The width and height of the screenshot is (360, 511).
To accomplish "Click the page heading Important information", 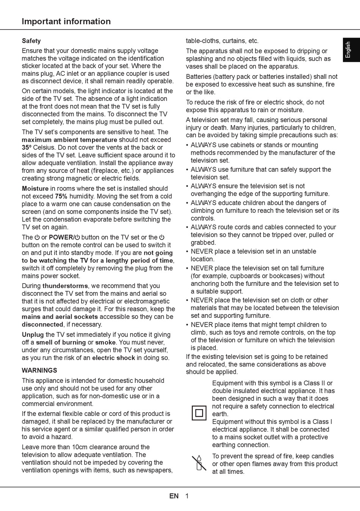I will click(x=66, y=22).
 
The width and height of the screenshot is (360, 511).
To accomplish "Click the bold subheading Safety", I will click(x=31, y=41).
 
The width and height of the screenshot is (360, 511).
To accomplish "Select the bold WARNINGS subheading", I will click(x=39, y=370).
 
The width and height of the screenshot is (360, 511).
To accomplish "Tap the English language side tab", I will click(x=348, y=50).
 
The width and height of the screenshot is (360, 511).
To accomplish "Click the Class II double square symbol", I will click(x=199, y=412).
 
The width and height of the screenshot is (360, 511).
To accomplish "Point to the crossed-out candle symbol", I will click(x=199, y=463).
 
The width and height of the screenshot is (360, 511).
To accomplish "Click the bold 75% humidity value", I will click(x=61, y=196).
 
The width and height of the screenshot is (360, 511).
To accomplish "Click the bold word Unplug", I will click(x=33, y=335).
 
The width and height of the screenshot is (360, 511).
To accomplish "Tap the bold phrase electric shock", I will click(x=113, y=358).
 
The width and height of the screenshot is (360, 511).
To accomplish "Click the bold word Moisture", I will click(x=35, y=188).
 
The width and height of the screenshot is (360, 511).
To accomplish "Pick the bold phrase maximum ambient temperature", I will click(x=69, y=140).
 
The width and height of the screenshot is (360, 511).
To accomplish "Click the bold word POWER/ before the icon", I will click(x=61, y=237).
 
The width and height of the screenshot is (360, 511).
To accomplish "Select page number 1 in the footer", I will click(x=187, y=496).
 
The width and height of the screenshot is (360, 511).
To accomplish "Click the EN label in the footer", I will click(x=174, y=496).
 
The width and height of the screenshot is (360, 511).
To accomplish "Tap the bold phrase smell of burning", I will click(x=61, y=342).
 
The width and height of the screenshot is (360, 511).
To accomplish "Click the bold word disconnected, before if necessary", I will click(x=42, y=324).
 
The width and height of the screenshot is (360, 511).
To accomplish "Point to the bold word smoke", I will click(x=105, y=342).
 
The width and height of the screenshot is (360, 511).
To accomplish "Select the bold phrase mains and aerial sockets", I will click(x=60, y=317).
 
